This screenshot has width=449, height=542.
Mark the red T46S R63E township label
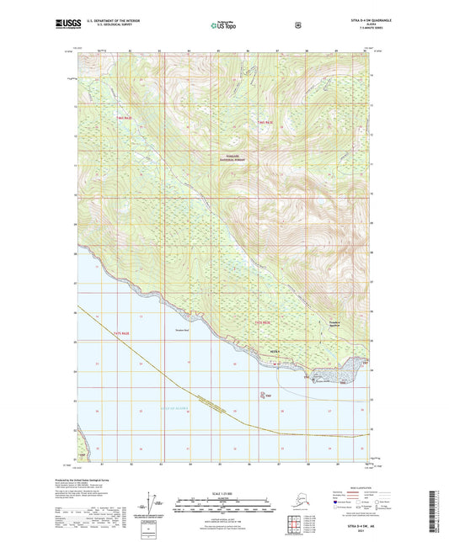[265, 125]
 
